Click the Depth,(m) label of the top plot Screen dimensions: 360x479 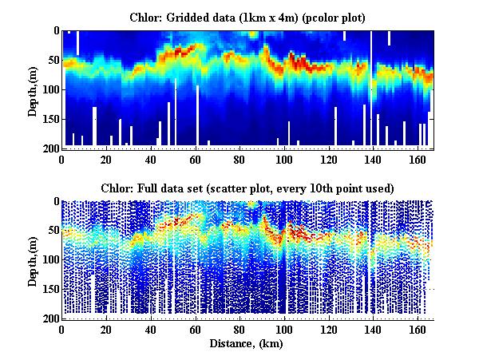[x=34, y=89]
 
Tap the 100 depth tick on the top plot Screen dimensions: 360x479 [x=49, y=89]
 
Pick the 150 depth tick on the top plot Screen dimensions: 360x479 [x=49, y=119]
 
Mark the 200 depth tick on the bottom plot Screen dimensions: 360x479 [x=49, y=319]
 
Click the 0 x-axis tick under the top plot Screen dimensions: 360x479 [x=62, y=158]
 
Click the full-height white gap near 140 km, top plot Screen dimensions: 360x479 [x=371, y=88]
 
